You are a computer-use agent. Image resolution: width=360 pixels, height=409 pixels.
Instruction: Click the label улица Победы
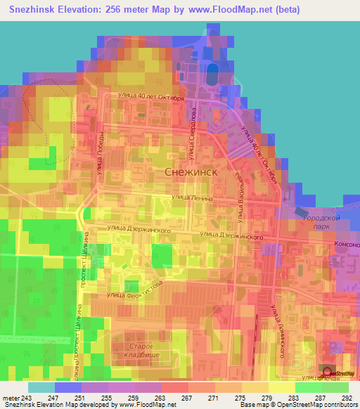point(101,150)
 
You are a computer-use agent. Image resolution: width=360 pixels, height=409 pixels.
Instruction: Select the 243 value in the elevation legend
point(27,398)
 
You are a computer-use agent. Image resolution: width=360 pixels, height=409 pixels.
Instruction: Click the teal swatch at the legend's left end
point(41,387)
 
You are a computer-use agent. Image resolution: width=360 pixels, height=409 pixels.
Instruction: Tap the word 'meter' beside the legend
point(11,398)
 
